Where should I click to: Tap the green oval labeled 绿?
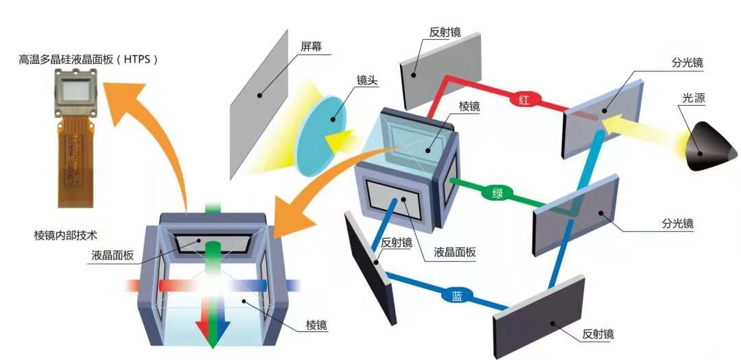(497, 193)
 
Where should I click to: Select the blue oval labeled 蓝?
(457, 296)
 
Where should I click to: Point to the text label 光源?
(694, 99)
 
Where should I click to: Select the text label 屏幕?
(311, 47)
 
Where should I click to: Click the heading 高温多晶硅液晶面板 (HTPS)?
(89, 60)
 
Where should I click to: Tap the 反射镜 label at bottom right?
(598, 334)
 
